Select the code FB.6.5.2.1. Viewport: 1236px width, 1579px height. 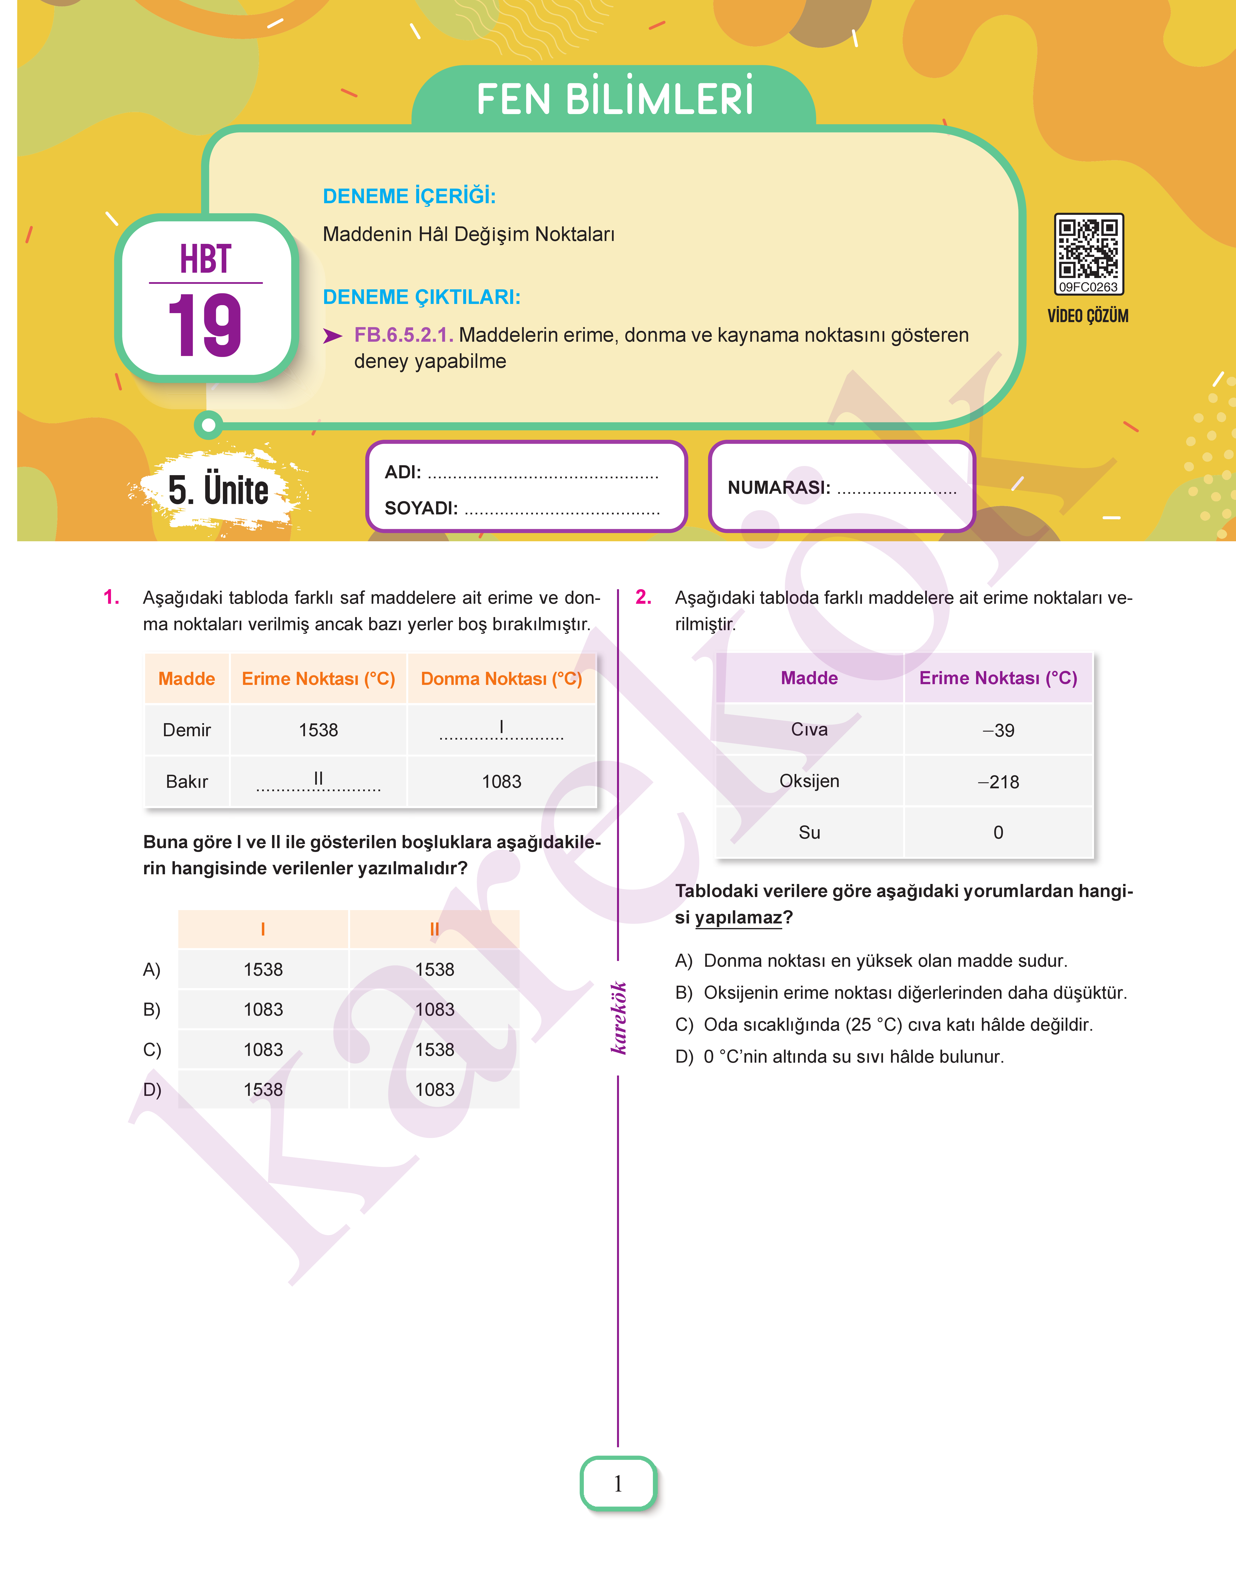coord(403,335)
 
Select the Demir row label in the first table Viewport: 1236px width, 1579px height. coord(187,730)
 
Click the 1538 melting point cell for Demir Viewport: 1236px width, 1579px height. coord(318,730)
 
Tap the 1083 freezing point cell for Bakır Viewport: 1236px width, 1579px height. coord(501,781)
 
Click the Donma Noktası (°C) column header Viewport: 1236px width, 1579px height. coord(501,679)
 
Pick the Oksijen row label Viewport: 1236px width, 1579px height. coord(809,781)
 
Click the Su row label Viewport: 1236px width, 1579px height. coord(809,833)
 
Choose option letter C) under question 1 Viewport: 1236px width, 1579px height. coord(152,1050)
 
